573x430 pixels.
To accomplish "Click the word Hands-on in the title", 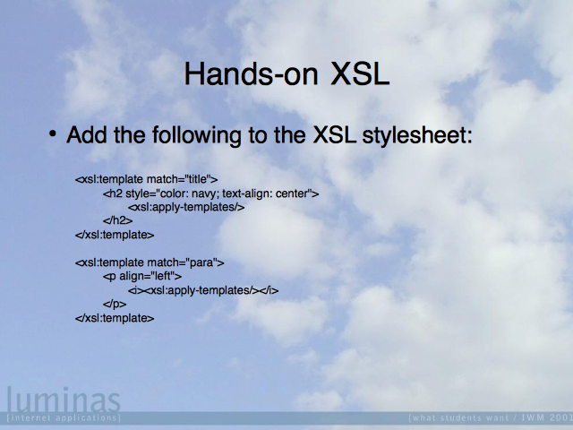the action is (251, 74).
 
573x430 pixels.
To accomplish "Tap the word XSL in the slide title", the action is (360, 74).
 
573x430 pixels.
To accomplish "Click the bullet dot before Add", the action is (53, 133).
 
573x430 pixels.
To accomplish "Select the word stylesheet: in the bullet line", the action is (417, 135).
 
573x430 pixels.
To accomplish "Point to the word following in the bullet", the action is (197, 135).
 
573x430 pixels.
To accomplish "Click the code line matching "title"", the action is (147, 179).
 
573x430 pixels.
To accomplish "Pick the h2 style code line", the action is (211, 193).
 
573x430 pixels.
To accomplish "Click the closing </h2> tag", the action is (117, 221).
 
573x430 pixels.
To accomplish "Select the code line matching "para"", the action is (150, 262).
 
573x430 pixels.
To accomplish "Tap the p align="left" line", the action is (142, 277).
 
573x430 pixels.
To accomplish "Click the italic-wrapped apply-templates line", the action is (203, 290).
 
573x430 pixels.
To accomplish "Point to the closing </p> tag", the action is (115, 305).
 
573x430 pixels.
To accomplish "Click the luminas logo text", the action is (64, 400).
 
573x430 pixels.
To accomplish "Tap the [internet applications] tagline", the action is (64, 417).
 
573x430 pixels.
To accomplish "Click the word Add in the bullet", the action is (87, 134).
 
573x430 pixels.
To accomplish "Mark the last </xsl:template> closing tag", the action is (115, 318).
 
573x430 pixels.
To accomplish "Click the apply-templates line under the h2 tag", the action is (186, 207).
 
